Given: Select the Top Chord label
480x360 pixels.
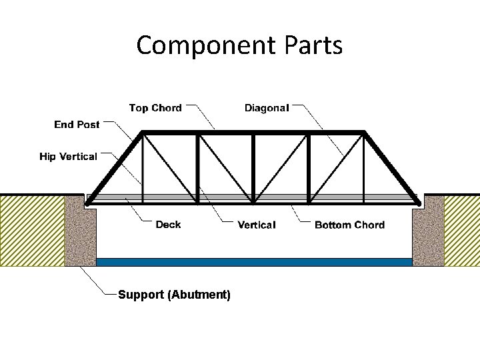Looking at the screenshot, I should click(x=155, y=108).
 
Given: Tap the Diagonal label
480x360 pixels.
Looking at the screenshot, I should click(x=267, y=108).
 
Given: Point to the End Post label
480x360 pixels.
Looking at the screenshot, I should click(x=77, y=125).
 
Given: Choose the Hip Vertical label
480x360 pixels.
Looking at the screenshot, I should click(x=68, y=157).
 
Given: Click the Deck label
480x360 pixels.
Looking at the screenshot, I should click(x=168, y=225).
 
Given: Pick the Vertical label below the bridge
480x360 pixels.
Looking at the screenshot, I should click(x=256, y=225).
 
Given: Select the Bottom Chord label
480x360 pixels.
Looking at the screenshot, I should click(x=349, y=225).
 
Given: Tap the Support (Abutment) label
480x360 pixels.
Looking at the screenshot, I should click(x=174, y=295).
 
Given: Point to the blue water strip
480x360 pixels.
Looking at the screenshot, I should click(x=254, y=262).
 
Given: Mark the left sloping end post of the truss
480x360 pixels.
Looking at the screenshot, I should click(x=115, y=166).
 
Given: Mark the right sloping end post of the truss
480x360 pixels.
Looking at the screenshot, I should click(x=391, y=166).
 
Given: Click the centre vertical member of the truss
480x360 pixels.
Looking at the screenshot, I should click(x=253, y=167).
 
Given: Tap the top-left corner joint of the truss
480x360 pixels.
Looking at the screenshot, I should click(x=141, y=133).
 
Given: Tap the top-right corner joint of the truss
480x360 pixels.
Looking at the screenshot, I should click(x=364, y=133).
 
